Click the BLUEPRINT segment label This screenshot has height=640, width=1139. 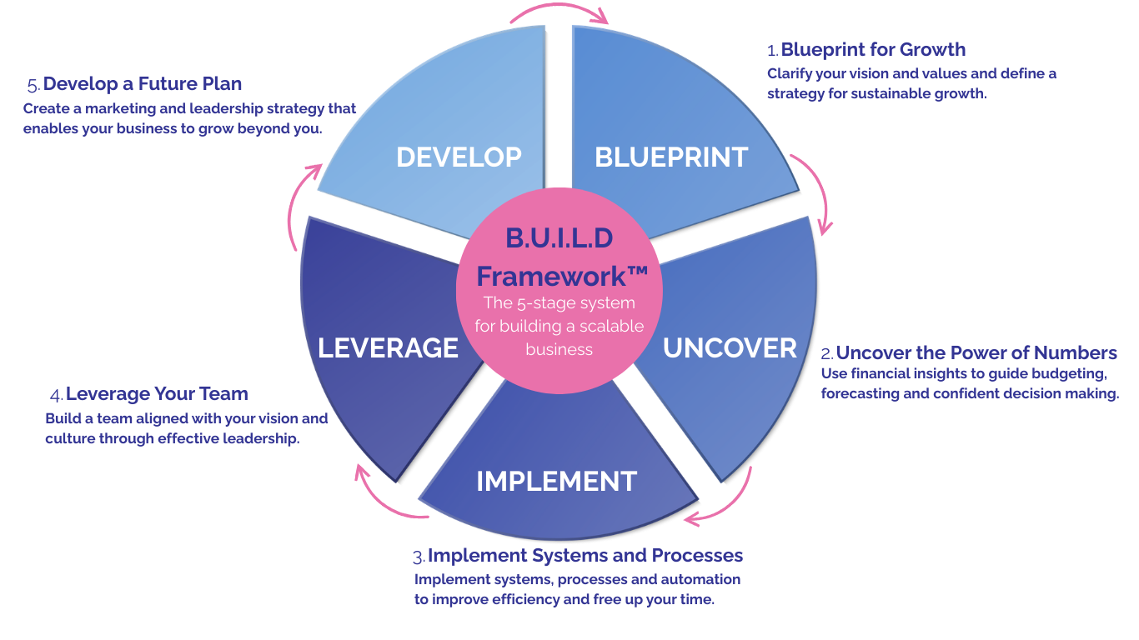click(671, 157)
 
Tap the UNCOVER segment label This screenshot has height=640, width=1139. click(730, 347)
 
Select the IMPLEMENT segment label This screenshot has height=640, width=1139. click(556, 481)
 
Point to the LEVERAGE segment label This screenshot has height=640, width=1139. click(388, 347)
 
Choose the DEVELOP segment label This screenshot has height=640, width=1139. click(459, 157)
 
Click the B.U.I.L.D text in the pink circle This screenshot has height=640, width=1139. click(559, 238)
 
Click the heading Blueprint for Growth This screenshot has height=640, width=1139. click(873, 49)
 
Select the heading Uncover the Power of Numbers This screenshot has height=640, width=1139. click(976, 352)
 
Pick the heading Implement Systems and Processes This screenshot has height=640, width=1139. click(585, 555)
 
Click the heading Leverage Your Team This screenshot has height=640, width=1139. click(157, 393)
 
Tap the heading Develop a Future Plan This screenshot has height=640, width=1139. click(142, 84)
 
